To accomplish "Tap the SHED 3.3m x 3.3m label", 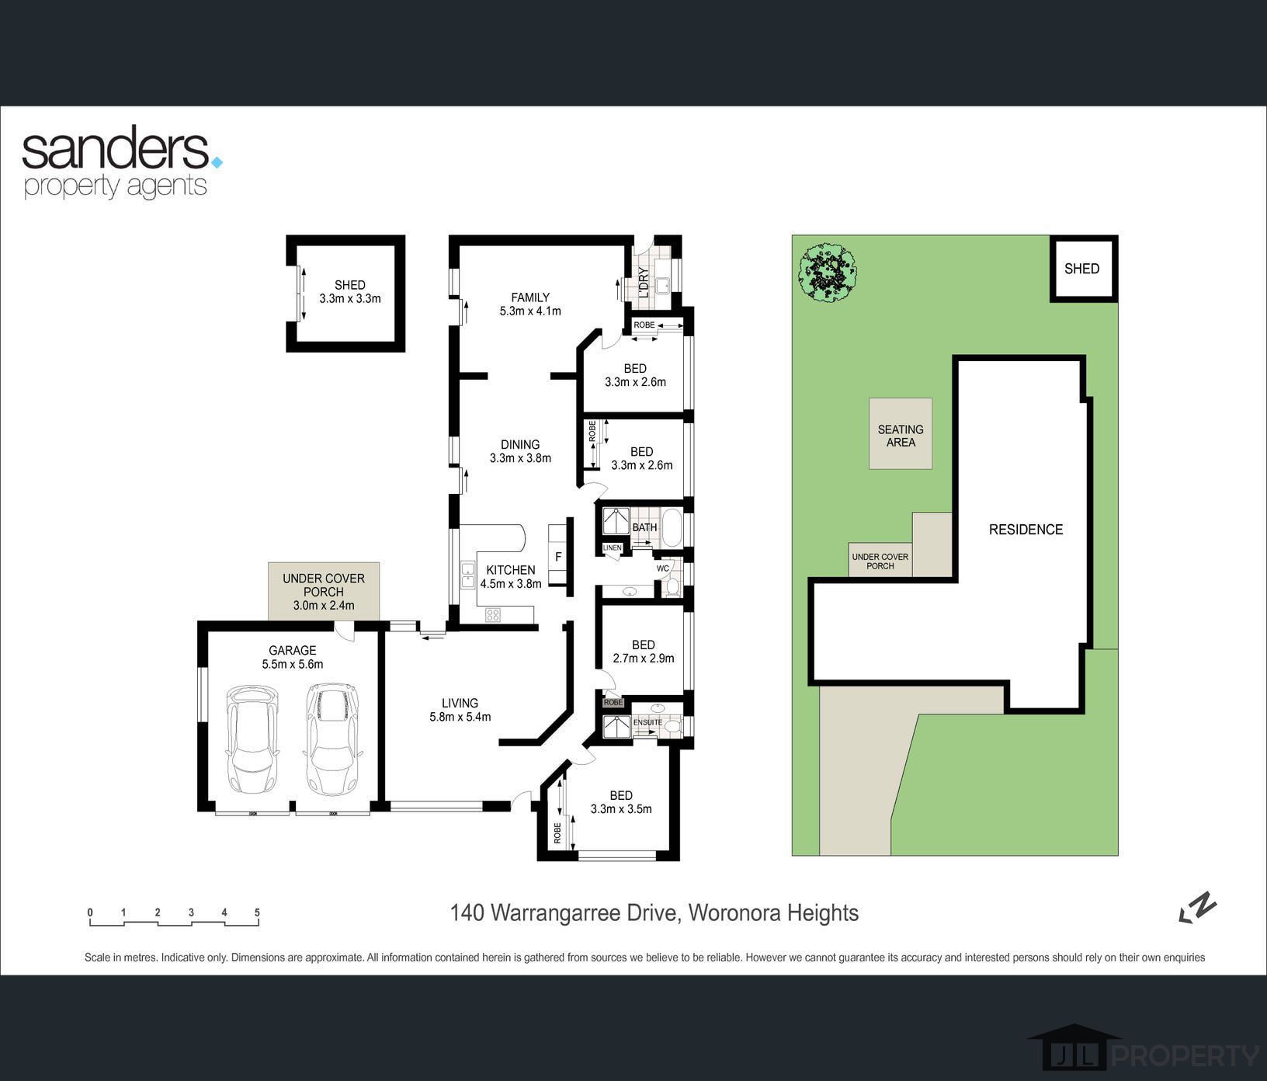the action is tap(349, 292).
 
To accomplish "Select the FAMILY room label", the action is tap(530, 297).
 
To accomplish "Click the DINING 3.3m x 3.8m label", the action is tap(520, 451).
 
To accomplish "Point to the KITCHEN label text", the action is tap(511, 570).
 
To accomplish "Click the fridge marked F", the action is tap(557, 556).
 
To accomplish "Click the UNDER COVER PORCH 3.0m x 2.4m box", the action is tap(324, 591).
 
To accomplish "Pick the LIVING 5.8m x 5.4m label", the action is tap(460, 710).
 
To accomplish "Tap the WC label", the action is tap(662, 568).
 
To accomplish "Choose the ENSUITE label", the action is tap(647, 722).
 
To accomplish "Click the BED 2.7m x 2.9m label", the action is tap(644, 652).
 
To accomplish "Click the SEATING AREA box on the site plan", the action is tap(901, 433).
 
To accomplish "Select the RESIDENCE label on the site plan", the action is tap(1026, 530).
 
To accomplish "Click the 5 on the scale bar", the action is tap(257, 912).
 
